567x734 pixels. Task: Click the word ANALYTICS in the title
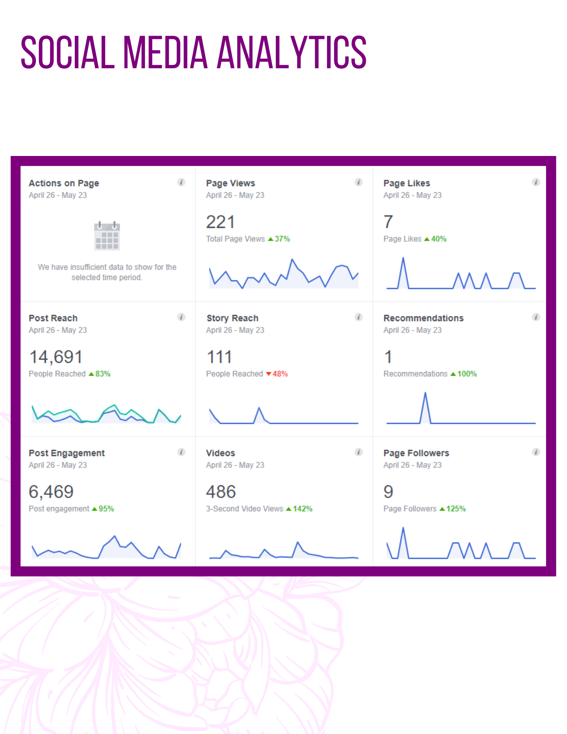click(x=292, y=52)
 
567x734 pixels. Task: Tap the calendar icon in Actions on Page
click(x=107, y=236)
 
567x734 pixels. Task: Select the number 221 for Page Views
click(x=220, y=222)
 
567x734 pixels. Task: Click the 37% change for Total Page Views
click(x=282, y=239)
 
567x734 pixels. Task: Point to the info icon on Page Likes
click(x=536, y=182)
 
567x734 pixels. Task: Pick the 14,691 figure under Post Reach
click(x=56, y=357)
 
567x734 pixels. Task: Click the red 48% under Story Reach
click(x=280, y=374)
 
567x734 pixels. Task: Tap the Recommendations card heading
click(x=424, y=318)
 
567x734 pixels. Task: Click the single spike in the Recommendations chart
click(x=425, y=393)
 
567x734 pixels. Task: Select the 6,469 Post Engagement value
click(x=51, y=492)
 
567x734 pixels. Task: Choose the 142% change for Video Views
click(x=302, y=509)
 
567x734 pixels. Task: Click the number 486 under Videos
click(x=221, y=492)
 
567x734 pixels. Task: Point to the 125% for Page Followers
click(x=456, y=509)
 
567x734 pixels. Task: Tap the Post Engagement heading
click(x=67, y=453)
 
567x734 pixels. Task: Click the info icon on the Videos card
click(x=359, y=452)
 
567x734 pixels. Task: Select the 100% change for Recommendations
click(x=467, y=374)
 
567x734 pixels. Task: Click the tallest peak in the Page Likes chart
click(x=403, y=258)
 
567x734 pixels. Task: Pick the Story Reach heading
click(x=232, y=318)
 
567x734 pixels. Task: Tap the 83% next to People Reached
click(x=103, y=374)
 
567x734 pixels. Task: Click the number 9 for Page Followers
click(x=388, y=492)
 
